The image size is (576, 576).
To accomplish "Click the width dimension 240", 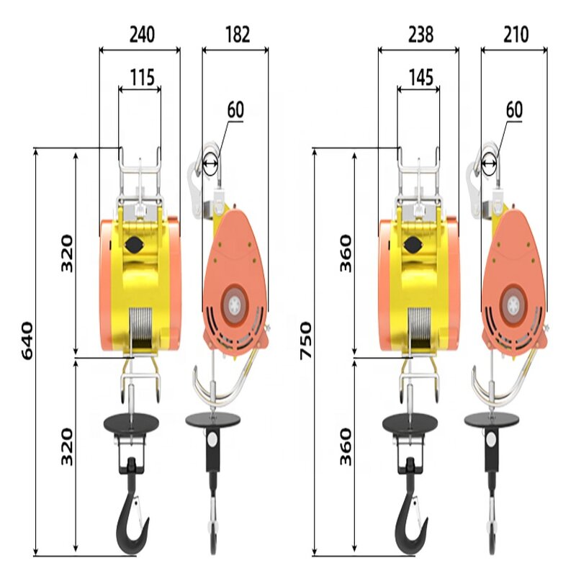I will pyautogui.click(x=141, y=34).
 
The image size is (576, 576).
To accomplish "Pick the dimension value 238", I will pyautogui.click(x=418, y=34).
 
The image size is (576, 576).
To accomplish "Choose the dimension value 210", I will pyautogui.click(x=515, y=34).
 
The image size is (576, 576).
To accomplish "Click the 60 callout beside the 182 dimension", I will pyautogui.click(x=235, y=109).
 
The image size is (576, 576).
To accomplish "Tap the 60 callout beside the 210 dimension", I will pyautogui.click(x=514, y=109).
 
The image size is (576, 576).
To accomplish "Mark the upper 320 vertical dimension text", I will pyautogui.click(x=67, y=253).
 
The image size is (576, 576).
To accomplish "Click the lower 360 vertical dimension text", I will pyautogui.click(x=346, y=446).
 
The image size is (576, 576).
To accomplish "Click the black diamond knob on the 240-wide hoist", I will pyautogui.click(x=133, y=246).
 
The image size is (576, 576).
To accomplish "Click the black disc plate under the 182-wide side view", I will pyautogui.click(x=212, y=418).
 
